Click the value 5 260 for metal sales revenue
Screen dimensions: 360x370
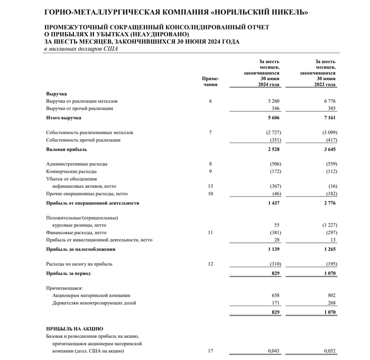pos(273,101)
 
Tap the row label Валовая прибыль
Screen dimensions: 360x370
pos(66,150)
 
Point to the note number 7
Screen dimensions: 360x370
pos(210,132)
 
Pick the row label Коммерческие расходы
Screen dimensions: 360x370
pos(71,172)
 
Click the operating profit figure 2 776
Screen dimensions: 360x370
pos(328,203)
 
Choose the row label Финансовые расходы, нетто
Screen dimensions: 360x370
pos(76,232)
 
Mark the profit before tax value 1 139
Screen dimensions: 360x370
pos(273,249)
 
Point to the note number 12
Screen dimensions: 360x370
pos(210,264)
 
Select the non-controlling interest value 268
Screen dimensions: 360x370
pos(331,303)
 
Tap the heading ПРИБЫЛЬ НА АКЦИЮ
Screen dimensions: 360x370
pos(75,329)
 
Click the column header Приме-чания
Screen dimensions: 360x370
pos(210,81)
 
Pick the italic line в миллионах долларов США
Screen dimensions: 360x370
pos(81,49)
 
